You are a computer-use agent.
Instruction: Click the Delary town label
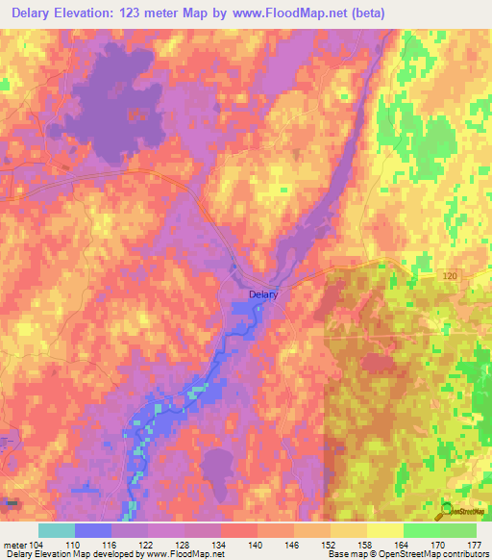click(x=262, y=295)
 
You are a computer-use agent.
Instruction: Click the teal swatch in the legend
click(x=56, y=530)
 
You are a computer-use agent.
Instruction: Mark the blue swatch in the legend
click(x=92, y=530)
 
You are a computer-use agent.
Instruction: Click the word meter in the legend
click(x=14, y=544)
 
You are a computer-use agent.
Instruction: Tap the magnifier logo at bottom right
click(x=447, y=509)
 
